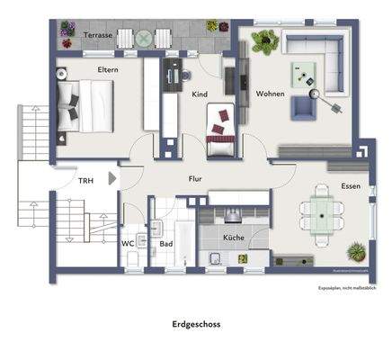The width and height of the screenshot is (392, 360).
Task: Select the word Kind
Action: click(x=201, y=93)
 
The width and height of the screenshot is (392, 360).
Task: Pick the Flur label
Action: click(x=195, y=178)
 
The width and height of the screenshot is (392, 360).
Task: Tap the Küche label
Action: click(x=234, y=238)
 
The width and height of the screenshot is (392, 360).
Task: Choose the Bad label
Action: click(x=166, y=243)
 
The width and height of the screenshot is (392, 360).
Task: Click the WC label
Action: click(x=129, y=243)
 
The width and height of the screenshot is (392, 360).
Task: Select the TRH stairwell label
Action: click(x=85, y=181)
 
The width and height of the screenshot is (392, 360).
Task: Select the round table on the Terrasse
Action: click(x=144, y=38)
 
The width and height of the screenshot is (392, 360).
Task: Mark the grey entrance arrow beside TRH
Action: click(x=111, y=179)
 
